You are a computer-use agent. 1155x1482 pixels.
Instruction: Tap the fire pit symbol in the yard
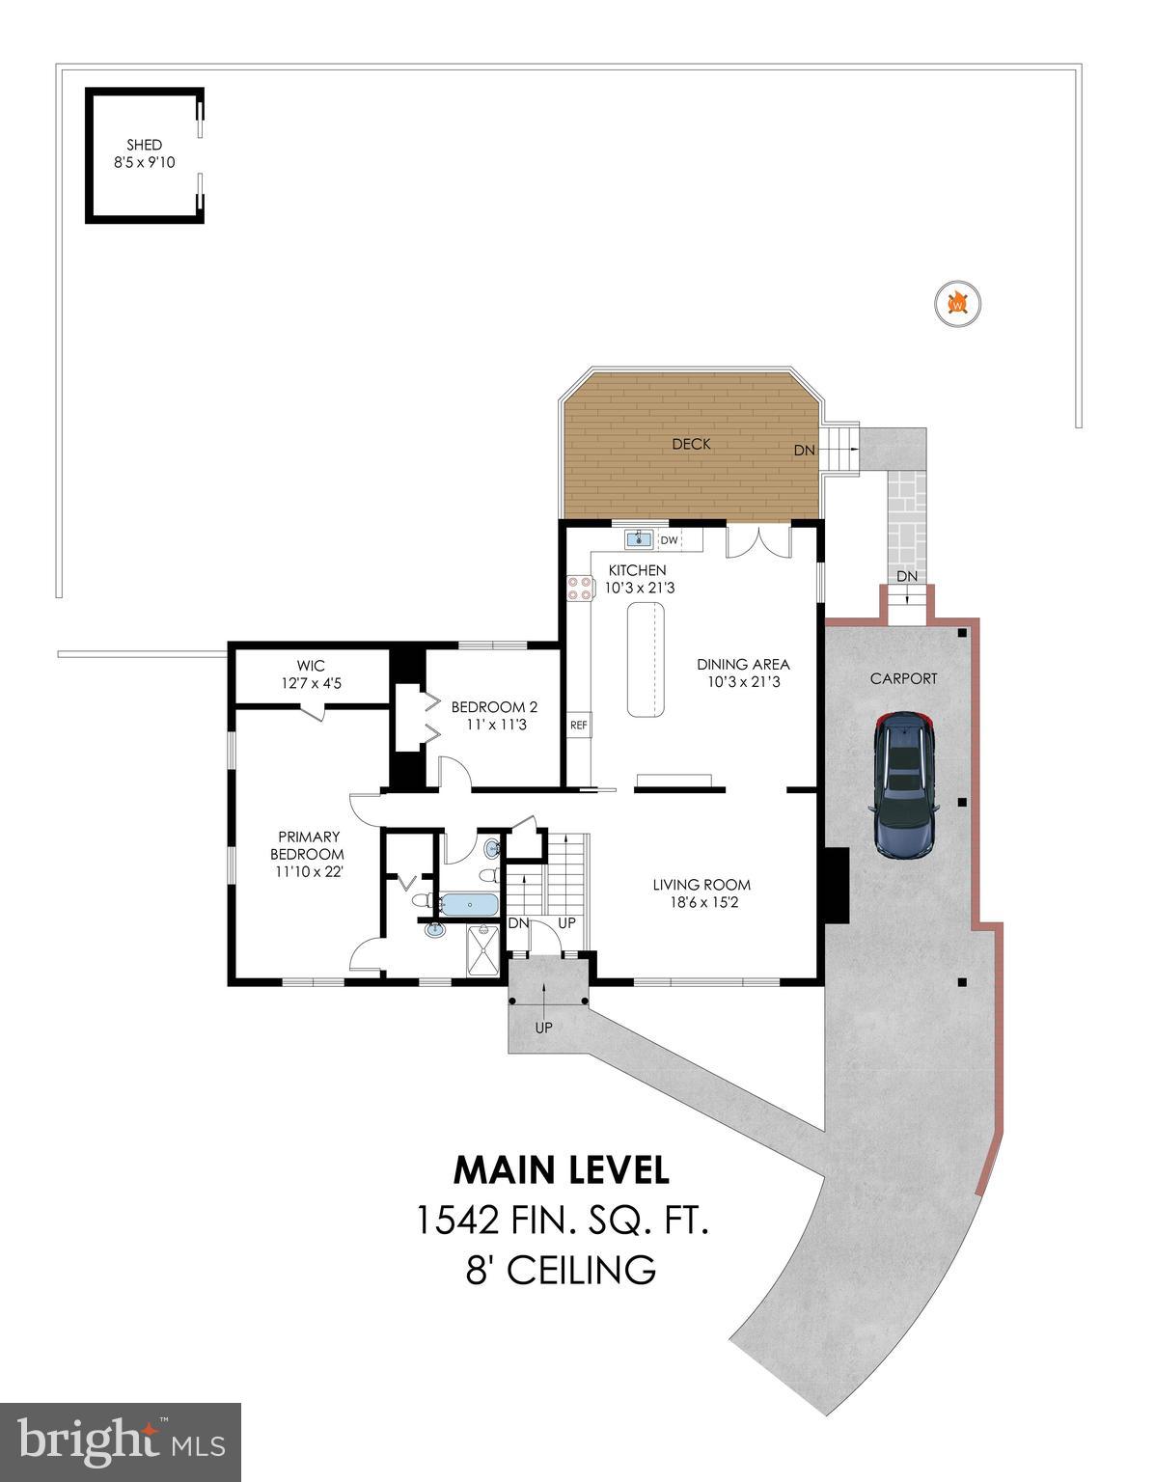(958, 304)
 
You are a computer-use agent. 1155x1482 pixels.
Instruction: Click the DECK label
(691, 444)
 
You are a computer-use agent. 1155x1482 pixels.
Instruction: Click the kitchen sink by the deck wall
(639, 538)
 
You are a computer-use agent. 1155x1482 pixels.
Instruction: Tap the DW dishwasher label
(669, 540)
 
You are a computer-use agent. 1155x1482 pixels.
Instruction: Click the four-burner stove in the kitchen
(580, 588)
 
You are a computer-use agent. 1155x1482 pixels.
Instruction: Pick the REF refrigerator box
(579, 725)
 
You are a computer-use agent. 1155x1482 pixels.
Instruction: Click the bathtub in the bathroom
(469, 904)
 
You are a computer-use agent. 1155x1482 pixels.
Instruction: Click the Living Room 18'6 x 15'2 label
(701, 893)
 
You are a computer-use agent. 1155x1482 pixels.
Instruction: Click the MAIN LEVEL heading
(561, 1169)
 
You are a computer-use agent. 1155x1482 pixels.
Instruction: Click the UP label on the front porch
(544, 1028)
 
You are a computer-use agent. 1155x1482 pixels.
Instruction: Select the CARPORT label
(903, 678)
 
